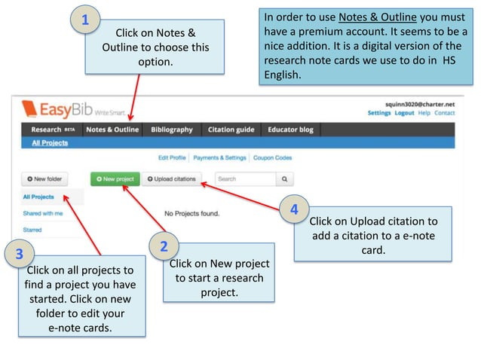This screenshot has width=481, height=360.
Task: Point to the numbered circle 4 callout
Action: point(295,209)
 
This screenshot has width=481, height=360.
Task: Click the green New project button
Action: point(113,179)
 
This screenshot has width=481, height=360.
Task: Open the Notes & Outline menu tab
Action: point(112,130)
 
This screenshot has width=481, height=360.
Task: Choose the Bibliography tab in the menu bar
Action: point(172,130)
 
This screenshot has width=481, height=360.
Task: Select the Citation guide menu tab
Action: point(231,130)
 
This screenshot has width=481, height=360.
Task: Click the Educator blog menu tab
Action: point(290,130)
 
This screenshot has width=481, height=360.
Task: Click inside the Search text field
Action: point(243,179)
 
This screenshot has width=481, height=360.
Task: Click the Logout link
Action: point(404,113)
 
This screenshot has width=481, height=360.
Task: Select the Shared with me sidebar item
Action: point(42,213)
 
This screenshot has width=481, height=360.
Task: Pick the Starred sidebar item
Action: point(32,230)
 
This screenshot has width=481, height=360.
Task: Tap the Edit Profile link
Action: point(172,158)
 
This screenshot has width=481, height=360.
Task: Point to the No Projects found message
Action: point(191,213)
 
